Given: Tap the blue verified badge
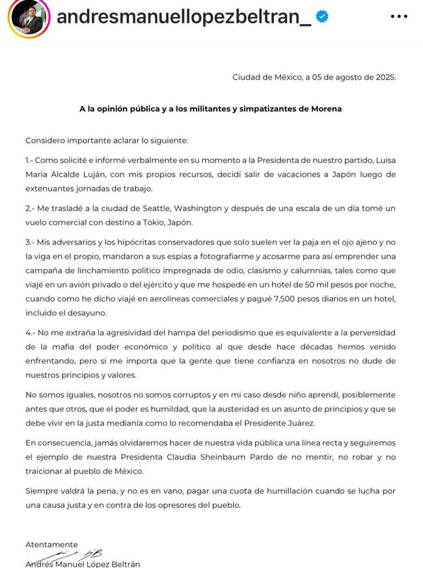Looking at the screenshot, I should click(321, 17).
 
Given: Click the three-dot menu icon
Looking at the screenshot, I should click(399, 16).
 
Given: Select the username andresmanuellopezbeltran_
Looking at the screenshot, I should click(184, 17).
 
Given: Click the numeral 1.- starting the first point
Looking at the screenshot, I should click(32, 159).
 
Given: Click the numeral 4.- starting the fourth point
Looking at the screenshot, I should click(33, 333).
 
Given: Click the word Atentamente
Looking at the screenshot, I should click(51, 545).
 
